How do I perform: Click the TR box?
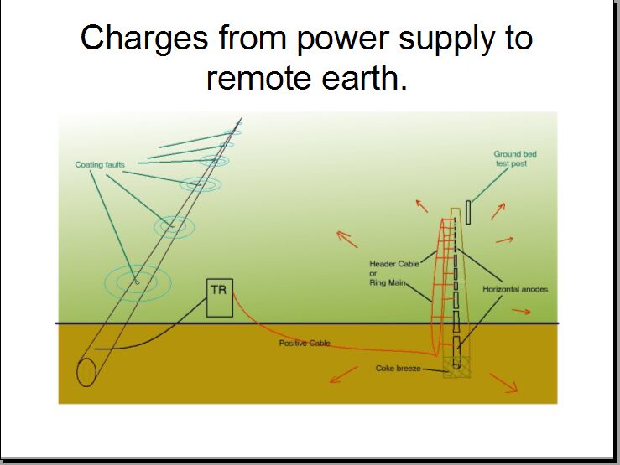click(x=220, y=298)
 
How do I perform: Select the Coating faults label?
click(x=100, y=165)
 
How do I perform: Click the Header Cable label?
click(x=394, y=264)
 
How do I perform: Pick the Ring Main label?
click(x=388, y=282)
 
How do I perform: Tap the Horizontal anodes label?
click(x=514, y=289)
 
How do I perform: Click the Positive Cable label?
click(x=305, y=344)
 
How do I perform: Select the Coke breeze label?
click(x=397, y=368)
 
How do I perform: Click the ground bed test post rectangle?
click(x=468, y=212)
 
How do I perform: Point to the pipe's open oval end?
click(x=86, y=371)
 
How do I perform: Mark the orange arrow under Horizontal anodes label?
click(x=521, y=311)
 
